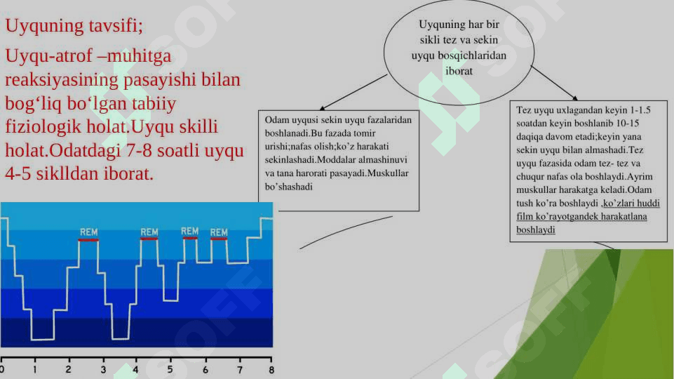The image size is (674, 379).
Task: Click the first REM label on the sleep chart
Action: (88, 232)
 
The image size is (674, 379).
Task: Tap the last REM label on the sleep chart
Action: (219, 233)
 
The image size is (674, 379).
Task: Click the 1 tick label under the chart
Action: (35, 370)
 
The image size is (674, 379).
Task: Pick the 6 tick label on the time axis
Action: (205, 370)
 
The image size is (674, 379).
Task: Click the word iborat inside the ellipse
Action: (459, 71)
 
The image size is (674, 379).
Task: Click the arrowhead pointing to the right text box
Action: (575, 98)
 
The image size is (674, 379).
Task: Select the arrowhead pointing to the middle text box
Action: (323, 108)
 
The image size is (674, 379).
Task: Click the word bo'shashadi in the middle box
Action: (288, 187)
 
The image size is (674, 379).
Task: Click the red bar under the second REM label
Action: (149, 239)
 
